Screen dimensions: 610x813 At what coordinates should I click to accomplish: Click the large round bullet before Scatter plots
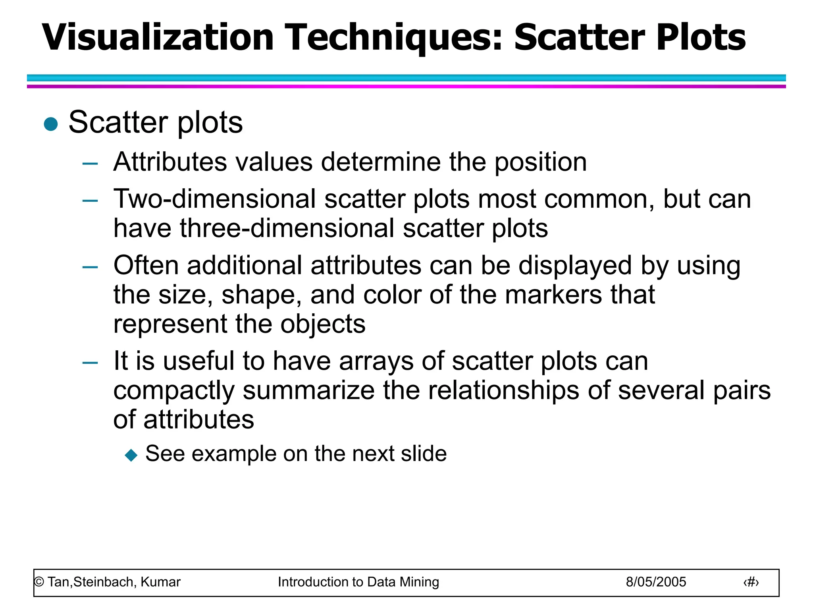coord(51,124)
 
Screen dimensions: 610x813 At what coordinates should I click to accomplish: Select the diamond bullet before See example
coord(131,455)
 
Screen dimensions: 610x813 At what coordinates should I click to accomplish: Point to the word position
coord(540,163)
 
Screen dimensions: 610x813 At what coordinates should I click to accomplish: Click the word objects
coord(323,324)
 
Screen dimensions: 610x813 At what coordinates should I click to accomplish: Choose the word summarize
coord(308,390)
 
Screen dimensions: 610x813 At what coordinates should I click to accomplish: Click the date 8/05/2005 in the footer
coord(656,582)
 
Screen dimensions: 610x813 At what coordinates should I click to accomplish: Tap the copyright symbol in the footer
coord(39,582)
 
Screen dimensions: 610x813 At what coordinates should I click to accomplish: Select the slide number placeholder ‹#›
coord(751,583)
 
